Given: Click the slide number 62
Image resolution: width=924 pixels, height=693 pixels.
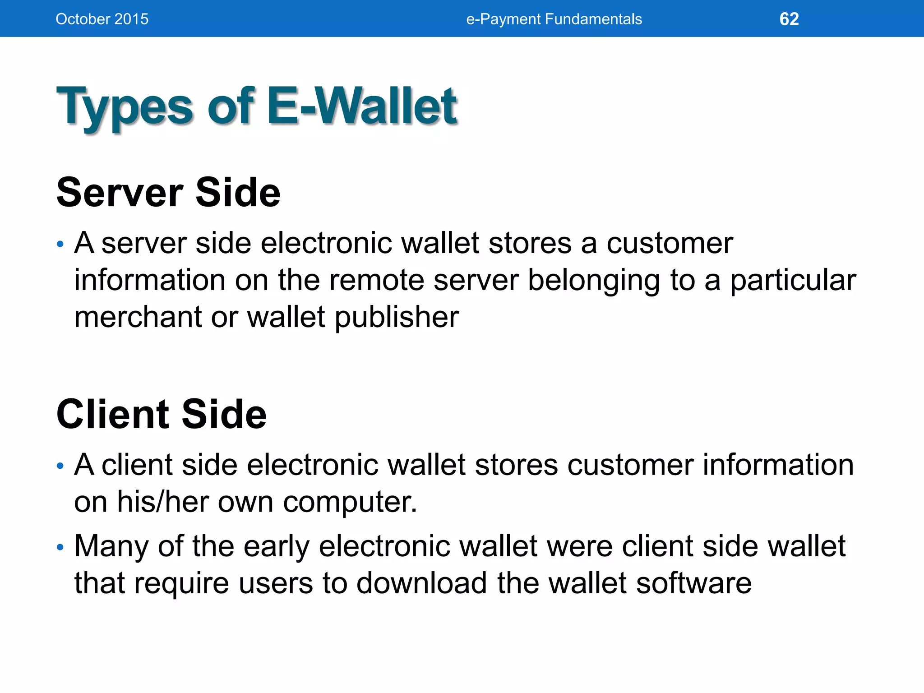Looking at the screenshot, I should point(789,19).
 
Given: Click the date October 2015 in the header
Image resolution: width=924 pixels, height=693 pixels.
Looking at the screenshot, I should point(102,19).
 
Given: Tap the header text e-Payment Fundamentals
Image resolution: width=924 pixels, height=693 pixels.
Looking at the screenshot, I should point(554,19).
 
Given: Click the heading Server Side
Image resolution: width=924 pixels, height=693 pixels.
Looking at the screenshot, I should point(168,193).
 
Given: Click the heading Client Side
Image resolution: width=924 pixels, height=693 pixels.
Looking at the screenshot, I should point(162,414).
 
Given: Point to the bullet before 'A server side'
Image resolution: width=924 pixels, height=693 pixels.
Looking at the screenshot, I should point(60,245).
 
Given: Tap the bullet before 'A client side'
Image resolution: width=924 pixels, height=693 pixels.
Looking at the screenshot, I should point(60,466).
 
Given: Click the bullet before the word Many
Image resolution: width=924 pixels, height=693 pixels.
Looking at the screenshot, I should point(60,548).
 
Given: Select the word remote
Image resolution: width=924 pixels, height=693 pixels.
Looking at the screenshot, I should point(377,280).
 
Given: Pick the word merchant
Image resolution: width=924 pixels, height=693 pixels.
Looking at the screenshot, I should point(138,317).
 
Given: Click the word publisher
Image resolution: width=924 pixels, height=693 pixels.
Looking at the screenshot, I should point(397,318).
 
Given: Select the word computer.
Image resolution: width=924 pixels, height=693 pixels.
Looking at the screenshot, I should point(350,503).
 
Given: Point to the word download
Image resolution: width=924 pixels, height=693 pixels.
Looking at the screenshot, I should point(422,583).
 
